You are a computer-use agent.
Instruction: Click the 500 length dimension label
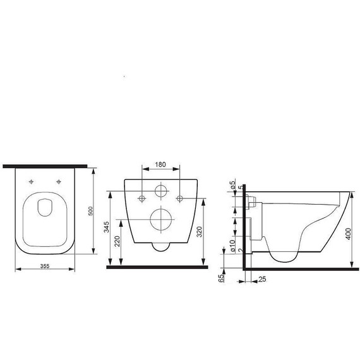click(x=91, y=210)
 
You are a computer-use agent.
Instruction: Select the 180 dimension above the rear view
click(x=160, y=165)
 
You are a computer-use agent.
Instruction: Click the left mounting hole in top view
click(x=30, y=183)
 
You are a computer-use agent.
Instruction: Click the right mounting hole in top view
click(x=59, y=183)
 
